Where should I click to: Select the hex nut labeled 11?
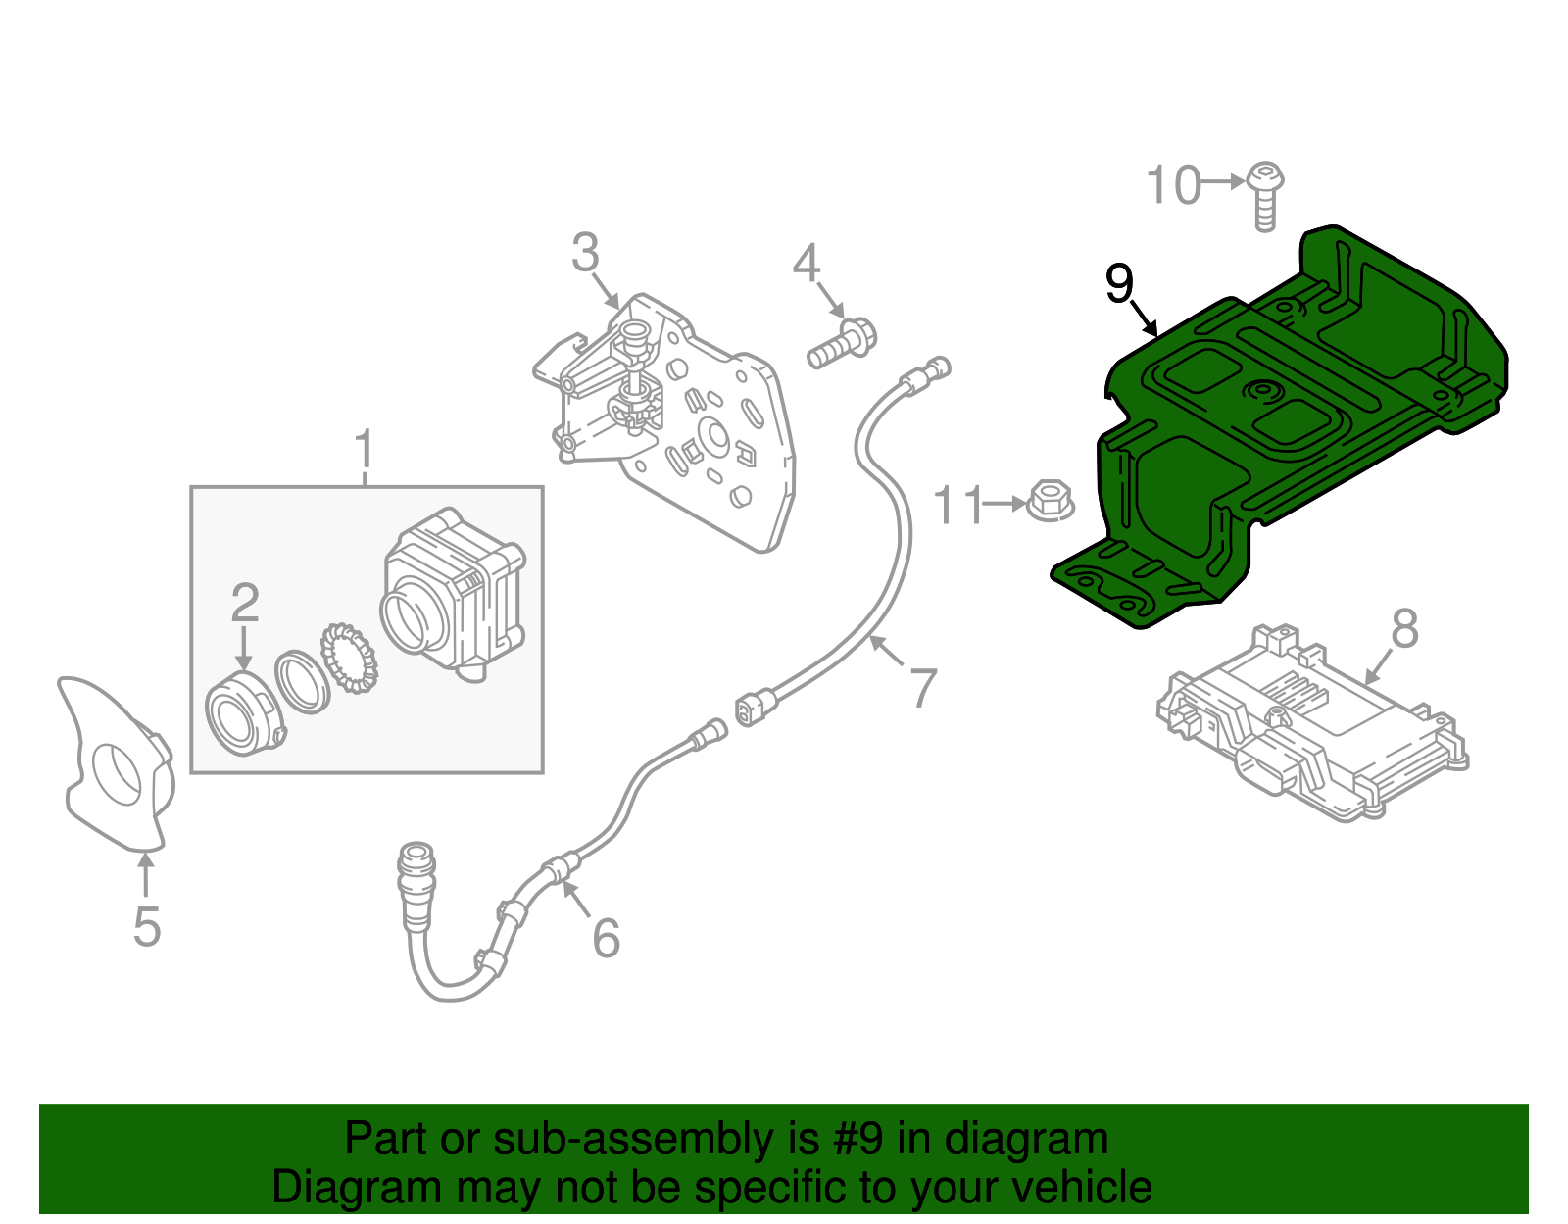(1050, 502)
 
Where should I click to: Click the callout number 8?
(1404, 628)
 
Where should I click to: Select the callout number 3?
(585, 253)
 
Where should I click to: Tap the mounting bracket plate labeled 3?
(676, 421)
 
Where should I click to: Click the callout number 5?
(146, 926)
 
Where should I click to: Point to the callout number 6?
(607, 938)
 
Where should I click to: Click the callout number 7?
(922, 687)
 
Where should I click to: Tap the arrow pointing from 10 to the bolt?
(1224, 182)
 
